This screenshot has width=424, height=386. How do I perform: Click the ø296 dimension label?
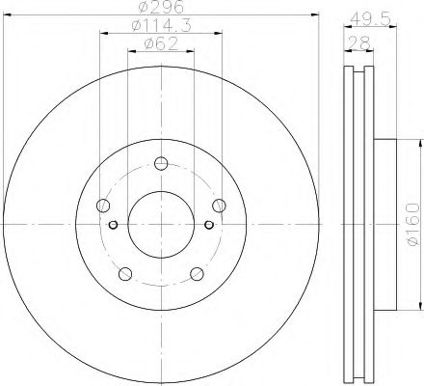[161, 7]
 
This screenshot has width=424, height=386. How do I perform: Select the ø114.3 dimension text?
[161, 25]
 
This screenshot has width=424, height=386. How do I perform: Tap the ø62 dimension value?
[161, 43]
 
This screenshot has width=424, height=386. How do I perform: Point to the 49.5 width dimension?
[370, 19]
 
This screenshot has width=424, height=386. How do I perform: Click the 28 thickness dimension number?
[358, 42]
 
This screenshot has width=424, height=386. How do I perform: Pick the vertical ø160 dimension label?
[413, 224]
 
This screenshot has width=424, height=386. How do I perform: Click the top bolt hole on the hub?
[161, 163]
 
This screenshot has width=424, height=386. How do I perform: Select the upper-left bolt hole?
[103, 206]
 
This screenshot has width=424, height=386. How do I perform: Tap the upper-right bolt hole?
[219, 206]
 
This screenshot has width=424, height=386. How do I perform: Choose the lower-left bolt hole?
[125, 274]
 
